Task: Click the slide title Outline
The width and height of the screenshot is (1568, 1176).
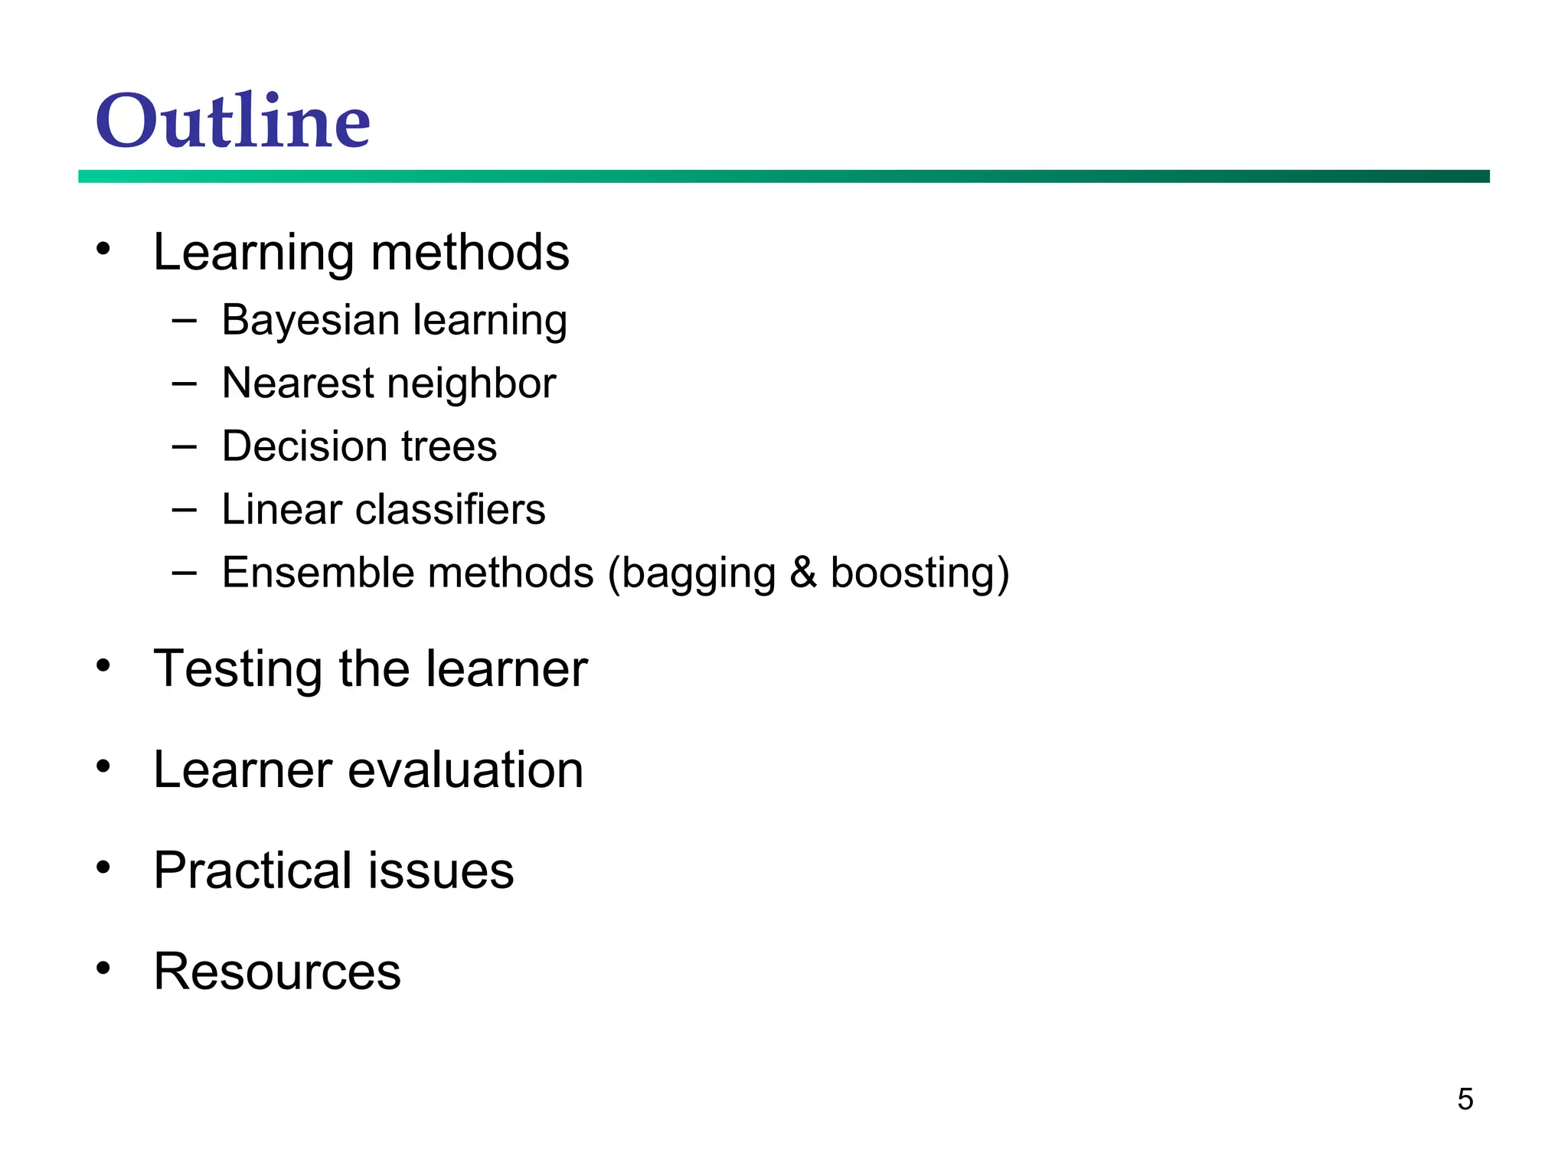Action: (x=233, y=121)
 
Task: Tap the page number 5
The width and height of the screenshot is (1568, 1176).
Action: (x=1465, y=1099)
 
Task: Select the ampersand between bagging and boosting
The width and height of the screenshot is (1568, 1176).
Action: (x=803, y=573)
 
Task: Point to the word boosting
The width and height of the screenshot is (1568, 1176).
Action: (x=913, y=574)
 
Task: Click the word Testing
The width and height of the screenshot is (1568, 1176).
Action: (x=238, y=670)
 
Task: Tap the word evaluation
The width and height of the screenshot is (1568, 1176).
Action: (x=465, y=769)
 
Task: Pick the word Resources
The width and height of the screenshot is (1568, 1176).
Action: (x=277, y=972)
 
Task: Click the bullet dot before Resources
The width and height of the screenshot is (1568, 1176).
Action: (x=103, y=968)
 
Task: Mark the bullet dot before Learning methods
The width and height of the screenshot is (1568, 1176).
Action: (x=103, y=248)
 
